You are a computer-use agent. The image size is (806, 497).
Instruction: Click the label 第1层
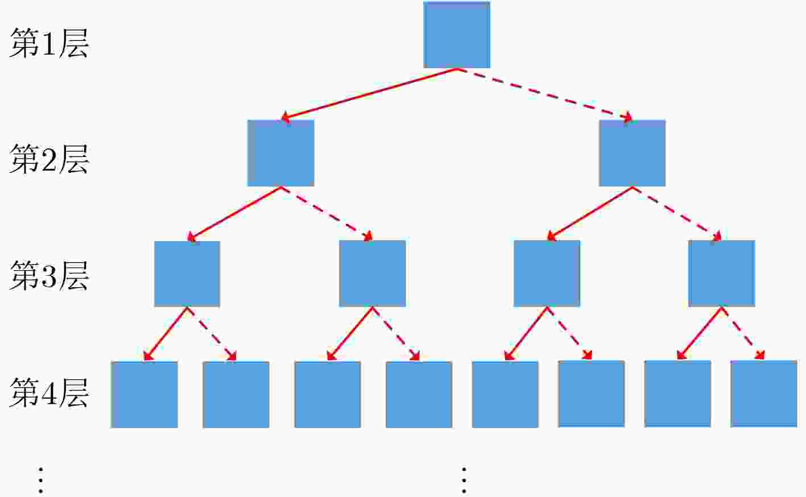(49, 43)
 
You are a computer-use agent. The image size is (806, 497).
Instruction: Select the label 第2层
(49, 159)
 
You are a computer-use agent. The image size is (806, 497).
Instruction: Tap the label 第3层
(49, 275)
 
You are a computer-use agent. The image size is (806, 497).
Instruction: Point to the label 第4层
(49, 392)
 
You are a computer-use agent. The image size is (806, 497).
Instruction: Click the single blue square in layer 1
(457, 35)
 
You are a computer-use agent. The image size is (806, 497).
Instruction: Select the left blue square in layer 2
(280, 153)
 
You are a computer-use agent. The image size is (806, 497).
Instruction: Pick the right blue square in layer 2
(632, 153)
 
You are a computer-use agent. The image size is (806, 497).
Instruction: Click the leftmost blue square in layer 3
(187, 274)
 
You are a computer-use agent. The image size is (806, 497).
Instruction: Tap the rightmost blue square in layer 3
(722, 274)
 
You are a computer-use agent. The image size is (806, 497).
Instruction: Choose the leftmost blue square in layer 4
(144, 395)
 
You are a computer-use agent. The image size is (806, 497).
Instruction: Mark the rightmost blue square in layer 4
(764, 394)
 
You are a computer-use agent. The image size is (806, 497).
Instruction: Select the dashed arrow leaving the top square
(545, 94)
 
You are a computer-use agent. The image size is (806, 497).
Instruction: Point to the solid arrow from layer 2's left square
(234, 214)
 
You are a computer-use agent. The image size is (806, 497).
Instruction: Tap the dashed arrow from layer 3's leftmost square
(212, 334)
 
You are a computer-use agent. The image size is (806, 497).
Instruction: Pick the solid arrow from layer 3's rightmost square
(700, 333)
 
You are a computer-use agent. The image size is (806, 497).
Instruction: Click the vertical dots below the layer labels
(40, 480)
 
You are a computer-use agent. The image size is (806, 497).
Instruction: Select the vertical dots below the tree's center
(464, 480)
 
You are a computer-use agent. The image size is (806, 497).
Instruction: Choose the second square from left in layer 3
(373, 274)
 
